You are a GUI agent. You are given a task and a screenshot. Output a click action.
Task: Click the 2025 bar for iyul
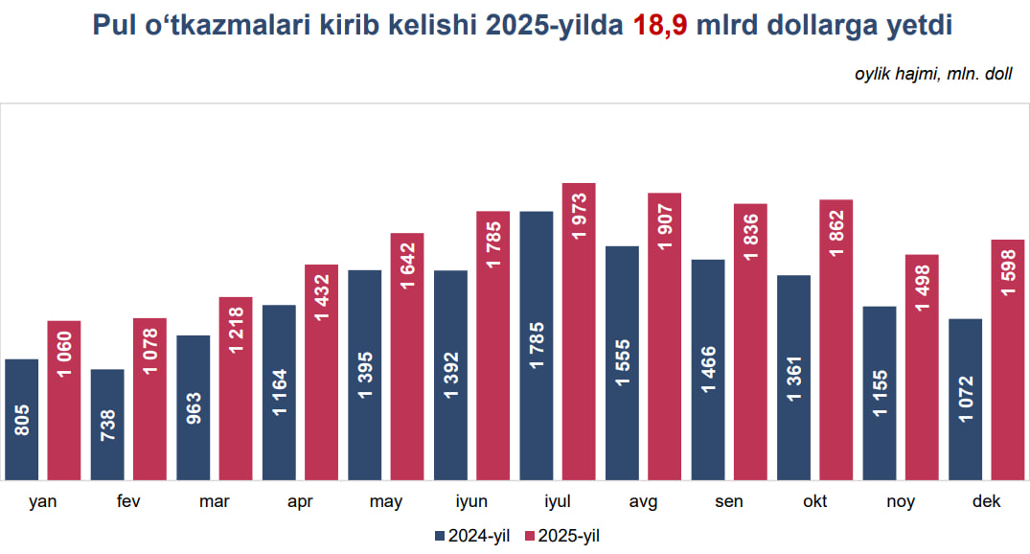[x=579, y=331]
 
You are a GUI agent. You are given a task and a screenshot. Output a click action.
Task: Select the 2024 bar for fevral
[x=107, y=424]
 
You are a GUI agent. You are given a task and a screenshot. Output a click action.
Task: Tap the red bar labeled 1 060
[x=64, y=400]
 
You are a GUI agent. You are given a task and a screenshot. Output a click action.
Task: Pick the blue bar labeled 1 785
[x=537, y=345]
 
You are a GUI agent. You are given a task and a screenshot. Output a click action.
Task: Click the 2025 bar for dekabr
[x=1008, y=358]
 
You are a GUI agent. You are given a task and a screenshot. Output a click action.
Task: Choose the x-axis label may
[x=386, y=502]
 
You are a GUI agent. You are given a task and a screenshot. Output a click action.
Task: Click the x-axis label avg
[x=643, y=502]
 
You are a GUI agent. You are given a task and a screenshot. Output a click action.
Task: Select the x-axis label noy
[x=901, y=502]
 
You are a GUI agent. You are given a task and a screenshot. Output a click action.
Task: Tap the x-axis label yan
[x=42, y=502]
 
